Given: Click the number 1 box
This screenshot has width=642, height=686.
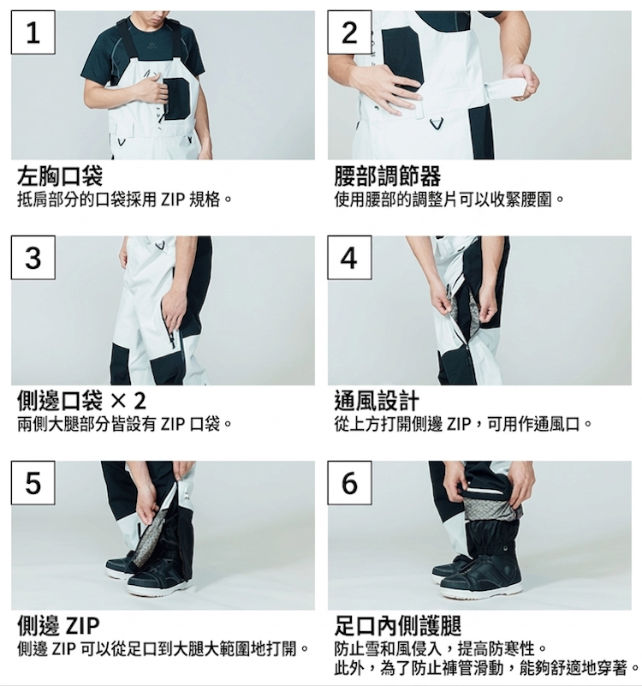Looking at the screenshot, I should (x=33, y=33).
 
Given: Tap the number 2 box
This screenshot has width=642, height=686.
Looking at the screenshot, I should (x=349, y=33).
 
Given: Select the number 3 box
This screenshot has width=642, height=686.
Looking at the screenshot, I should (x=33, y=258).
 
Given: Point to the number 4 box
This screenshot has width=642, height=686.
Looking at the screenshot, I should (x=349, y=258).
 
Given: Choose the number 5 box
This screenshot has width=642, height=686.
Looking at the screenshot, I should (x=33, y=483).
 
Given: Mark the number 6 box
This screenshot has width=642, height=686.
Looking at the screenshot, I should (x=349, y=483).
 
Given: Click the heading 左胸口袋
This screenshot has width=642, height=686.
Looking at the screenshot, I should (x=60, y=176).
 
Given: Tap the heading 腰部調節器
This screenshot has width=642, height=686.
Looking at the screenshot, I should (x=388, y=176).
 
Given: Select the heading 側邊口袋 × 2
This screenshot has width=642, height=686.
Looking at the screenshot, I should (x=81, y=401).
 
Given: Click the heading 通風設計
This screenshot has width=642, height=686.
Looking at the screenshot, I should (x=377, y=401).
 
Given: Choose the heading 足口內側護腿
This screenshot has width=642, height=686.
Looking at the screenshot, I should (x=398, y=623).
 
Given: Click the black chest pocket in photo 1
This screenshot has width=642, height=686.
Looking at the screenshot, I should (x=177, y=97).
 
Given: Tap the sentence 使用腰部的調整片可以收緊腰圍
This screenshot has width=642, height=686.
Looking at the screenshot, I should (x=450, y=200).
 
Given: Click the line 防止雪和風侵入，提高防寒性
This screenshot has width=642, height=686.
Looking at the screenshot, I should (x=441, y=647).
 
